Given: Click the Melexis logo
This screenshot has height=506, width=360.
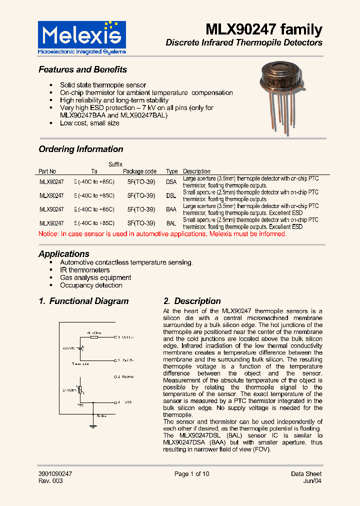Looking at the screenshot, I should point(82,37).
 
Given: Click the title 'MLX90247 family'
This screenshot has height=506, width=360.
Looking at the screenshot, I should point(264,29).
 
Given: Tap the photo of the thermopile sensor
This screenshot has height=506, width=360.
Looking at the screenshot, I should point(280,95).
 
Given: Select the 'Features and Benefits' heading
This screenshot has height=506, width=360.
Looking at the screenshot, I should point(82,69).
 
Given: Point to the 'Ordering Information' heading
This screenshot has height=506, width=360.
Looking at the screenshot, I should point(80,149).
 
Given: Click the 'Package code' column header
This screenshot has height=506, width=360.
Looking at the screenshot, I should point(140,171).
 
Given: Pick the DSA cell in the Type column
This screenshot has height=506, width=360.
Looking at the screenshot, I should point(171,182).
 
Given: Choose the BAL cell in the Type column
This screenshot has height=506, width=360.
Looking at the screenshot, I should point(171,223).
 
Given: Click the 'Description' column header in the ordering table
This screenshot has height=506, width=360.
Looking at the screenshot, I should point(196,171).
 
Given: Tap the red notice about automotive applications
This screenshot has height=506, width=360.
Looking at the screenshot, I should point(162,234).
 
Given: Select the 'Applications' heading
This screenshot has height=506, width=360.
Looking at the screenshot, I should point(64,253).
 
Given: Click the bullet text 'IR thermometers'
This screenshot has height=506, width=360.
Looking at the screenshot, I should point(84,270).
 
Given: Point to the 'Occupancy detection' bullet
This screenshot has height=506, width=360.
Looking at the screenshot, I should point(91,285).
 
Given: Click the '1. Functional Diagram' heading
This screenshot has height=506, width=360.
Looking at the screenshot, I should point(83,301).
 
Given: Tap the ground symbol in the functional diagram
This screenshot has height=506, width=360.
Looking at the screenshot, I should point(92,426).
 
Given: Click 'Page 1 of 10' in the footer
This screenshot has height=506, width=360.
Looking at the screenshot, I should point(191,474).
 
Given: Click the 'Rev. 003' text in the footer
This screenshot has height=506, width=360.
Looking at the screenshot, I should point(50,481).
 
